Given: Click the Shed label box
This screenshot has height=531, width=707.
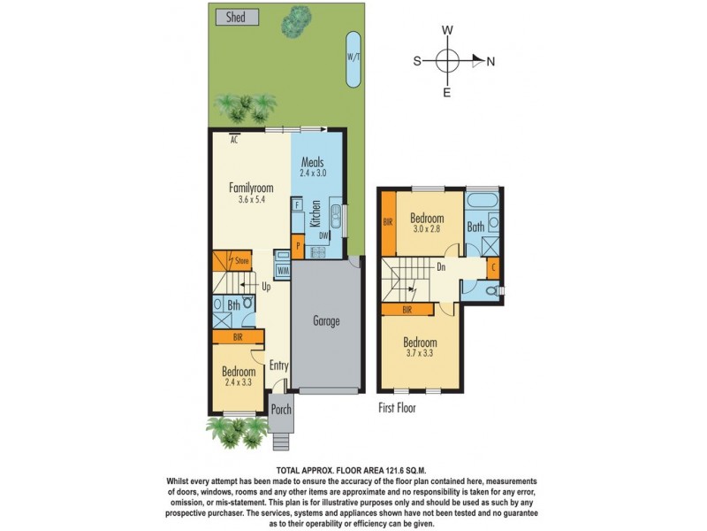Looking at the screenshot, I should coord(235,17).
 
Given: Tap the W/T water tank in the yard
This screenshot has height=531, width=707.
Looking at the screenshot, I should coord(353,59).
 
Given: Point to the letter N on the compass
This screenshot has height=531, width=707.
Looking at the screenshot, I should coord(490,61).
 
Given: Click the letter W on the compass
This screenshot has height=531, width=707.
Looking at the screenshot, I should coord(448,30).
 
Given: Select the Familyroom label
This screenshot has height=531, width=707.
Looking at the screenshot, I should coord(251,187).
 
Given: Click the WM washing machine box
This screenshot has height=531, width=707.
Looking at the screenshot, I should coord(284,270).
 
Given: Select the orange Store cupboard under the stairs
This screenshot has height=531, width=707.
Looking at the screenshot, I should coord(232,261).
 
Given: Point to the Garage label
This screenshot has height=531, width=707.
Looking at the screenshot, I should coord(326,321).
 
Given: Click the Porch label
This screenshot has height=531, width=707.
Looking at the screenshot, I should coord(280,409).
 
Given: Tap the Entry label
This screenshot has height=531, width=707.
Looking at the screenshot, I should coord(279,365).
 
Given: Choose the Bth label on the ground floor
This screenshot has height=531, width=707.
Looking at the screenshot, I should coord(234,306).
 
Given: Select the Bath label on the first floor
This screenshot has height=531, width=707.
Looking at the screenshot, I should coord(475,227).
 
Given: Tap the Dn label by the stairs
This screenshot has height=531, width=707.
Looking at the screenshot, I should coord(441,265).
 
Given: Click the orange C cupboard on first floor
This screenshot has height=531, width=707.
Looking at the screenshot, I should coord(492,266).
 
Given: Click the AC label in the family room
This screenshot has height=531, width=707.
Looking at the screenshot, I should coord(235,139).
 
